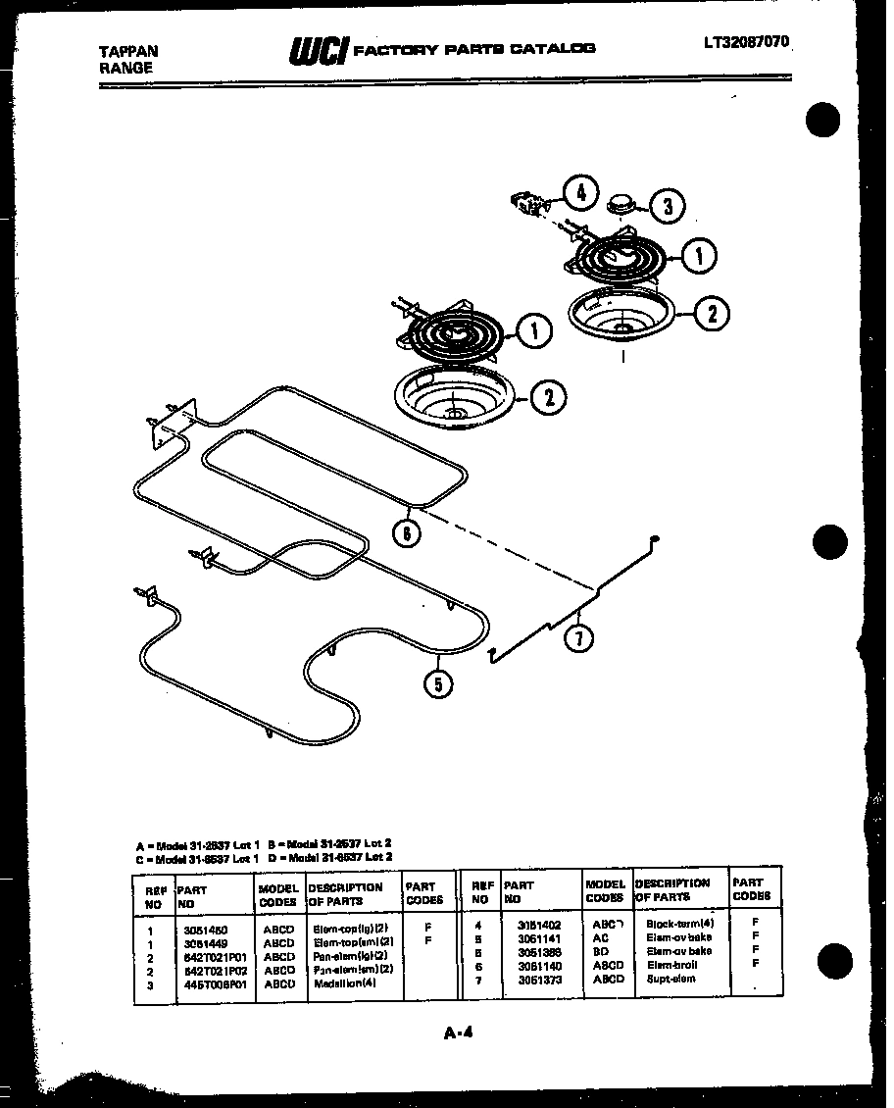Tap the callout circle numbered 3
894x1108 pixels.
pyautogui.click(x=668, y=206)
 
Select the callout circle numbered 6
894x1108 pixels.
pyautogui.click(x=406, y=533)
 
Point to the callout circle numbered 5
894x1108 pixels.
pyautogui.click(x=438, y=682)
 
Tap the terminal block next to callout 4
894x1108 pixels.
pyautogui.click(x=528, y=204)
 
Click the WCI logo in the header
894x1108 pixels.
pyautogui.click(x=318, y=50)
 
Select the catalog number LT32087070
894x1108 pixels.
pyautogui.click(x=745, y=42)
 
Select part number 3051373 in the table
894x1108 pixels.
pyautogui.click(x=540, y=979)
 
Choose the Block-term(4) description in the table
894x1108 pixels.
pyautogui.click(x=679, y=924)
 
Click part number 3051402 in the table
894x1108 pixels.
pyautogui.click(x=540, y=924)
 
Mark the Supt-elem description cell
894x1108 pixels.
pyautogui.click(x=670, y=979)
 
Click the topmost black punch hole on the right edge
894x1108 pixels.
pyautogui.click(x=823, y=122)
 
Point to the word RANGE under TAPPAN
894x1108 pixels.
pyautogui.click(x=126, y=69)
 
